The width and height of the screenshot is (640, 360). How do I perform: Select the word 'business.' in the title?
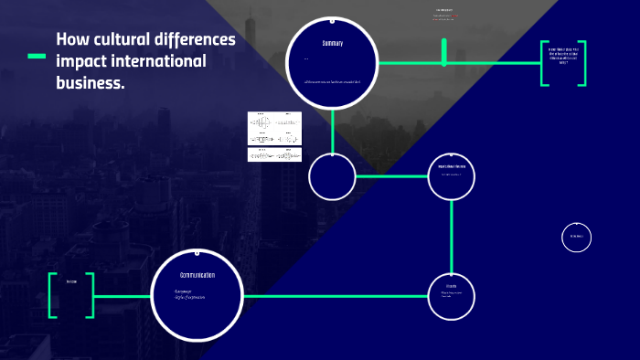pyautogui.click(x=90, y=82)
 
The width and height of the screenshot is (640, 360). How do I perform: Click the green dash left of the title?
pyautogui.click(x=37, y=57)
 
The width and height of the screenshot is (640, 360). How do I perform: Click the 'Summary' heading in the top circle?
pyautogui.click(x=332, y=45)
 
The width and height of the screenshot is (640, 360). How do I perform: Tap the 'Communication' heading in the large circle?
pyautogui.click(x=197, y=275)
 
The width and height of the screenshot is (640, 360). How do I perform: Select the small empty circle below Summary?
pyautogui.click(x=332, y=177)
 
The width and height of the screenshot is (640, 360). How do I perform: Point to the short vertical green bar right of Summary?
pyautogui.click(x=444, y=52)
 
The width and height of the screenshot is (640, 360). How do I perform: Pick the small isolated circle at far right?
pyautogui.click(x=576, y=237)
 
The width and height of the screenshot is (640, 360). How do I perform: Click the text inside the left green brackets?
pyautogui.click(x=71, y=281)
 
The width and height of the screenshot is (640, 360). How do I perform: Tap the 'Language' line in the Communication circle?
pyautogui.click(x=183, y=291)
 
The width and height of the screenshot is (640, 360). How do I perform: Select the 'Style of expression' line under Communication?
pyautogui.click(x=190, y=298)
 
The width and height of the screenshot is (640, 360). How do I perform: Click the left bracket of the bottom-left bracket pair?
pyautogui.click(x=52, y=295)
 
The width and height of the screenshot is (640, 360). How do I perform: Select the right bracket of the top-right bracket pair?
pyautogui.click(x=581, y=63)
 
